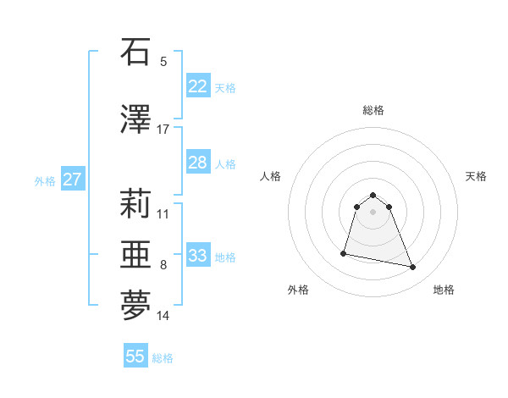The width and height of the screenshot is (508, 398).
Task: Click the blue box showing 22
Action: (197, 86)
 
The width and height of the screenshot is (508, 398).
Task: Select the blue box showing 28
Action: (197, 163)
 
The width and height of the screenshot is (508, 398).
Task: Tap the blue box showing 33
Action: (197, 256)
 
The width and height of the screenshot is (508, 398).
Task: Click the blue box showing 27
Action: (72, 180)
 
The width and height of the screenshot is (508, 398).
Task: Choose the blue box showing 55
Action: (135, 356)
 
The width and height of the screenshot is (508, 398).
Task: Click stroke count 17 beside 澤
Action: (163, 129)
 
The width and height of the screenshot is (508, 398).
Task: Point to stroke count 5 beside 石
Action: (163, 61)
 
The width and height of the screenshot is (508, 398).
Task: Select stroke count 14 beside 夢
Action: (163, 316)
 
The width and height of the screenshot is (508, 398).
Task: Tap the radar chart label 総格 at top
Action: (373, 110)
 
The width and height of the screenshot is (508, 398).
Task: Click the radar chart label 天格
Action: (476, 176)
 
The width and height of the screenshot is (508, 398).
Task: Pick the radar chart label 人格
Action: (271, 176)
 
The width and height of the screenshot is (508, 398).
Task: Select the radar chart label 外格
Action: (298, 290)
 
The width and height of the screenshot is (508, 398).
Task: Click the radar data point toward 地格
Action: (413, 268)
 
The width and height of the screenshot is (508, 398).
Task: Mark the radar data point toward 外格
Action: (344, 252)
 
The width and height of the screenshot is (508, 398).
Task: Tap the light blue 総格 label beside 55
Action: (163, 358)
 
